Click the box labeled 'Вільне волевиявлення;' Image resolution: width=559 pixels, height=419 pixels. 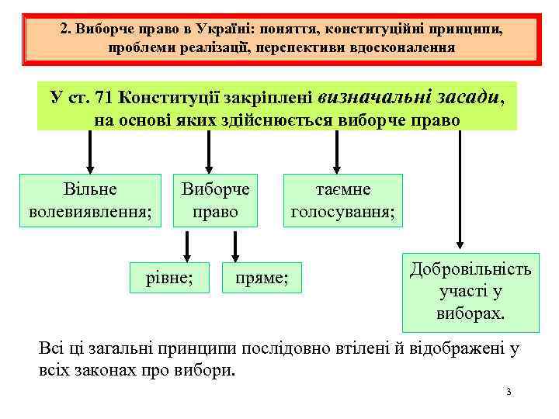click(x=90, y=201)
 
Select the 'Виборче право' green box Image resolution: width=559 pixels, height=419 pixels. click(x=215, y=201)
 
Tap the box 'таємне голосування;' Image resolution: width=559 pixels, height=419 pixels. click(x=342, y=201)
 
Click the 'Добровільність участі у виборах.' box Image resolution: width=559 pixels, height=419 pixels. click(x=470, y=292)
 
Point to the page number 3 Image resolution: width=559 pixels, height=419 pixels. click(x=508, y=392)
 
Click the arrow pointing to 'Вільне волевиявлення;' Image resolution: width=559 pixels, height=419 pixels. click(x=90, y=152)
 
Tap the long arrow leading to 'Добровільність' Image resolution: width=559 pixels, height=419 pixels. click(x=460, y=190)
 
